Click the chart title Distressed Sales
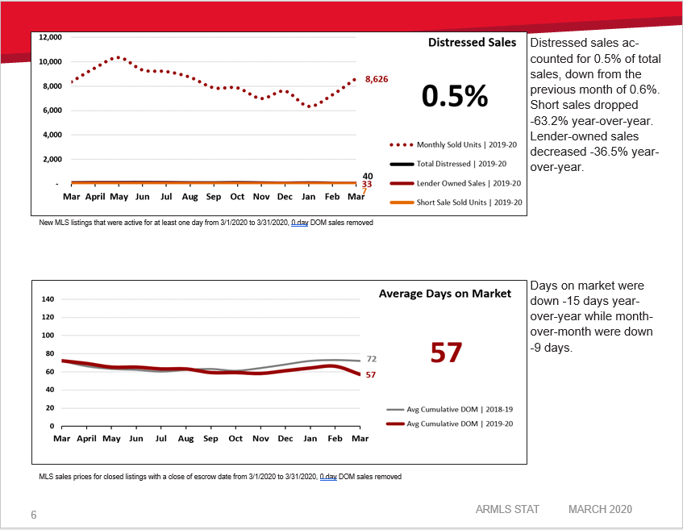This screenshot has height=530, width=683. (472, 43)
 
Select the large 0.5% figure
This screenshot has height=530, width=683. (455, 96)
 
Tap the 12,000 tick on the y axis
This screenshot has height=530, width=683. (50, 37)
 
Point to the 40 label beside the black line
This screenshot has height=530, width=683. (367, 176)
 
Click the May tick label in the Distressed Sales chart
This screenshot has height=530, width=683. (119, 196)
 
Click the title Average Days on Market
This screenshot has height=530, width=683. (444, 294)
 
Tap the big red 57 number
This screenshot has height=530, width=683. (445, 353)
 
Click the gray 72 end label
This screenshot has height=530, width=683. (372, 359)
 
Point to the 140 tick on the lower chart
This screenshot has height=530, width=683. (47, 299)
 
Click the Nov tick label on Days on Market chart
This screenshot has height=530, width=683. (260, 438)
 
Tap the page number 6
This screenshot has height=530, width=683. (34, 515)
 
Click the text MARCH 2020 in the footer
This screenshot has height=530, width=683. (600, 509)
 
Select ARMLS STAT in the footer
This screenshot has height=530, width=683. (507, 509)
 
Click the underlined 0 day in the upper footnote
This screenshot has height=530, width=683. (299, 223)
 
